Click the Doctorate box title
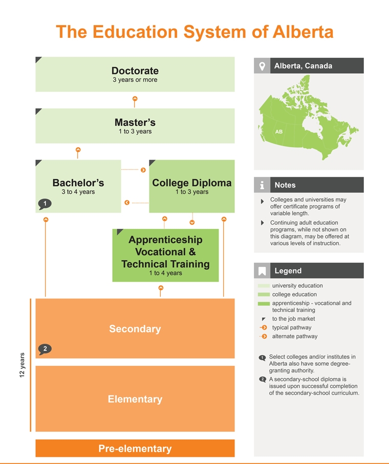pos(135,71)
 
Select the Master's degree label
pos(135,123)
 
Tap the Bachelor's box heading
pos(78,183)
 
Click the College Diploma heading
pos(192,183)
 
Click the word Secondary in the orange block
pos(135,329)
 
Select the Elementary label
pos(135,399)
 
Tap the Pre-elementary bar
pos(135,449)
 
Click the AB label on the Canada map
pos(279,132)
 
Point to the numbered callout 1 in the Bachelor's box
pos(45,204)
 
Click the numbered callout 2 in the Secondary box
pos(45,349)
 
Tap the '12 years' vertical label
pos(23,365)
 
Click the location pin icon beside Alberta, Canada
pos(262,66)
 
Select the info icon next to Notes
pos(262,185)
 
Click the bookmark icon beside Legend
pos(262,271)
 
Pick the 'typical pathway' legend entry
pos(292,328)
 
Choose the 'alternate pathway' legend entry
pos(294,336)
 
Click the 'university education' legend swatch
pos(264,286)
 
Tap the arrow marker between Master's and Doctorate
pos(135,99)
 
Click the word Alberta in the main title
pos(303,32)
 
